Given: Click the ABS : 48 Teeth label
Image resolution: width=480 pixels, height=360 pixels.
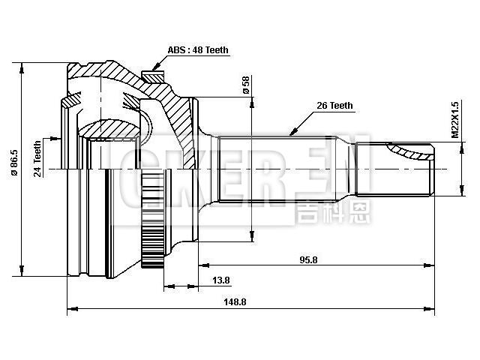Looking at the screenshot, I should point(197,50).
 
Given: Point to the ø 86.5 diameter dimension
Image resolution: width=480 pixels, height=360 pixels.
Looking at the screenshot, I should point(15,171).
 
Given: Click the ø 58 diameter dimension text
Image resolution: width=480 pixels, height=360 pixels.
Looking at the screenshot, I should point(245,85).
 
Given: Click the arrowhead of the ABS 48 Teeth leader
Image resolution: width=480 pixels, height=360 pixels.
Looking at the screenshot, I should point(153,69).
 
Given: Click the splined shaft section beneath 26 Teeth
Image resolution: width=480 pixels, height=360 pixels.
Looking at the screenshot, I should point(292,169).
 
